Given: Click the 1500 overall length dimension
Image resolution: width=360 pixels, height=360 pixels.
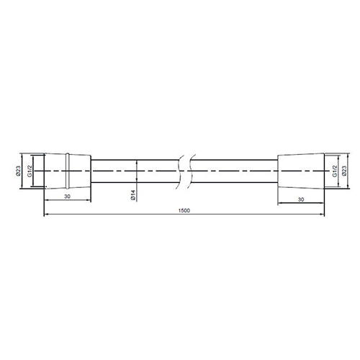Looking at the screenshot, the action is pos(184,210).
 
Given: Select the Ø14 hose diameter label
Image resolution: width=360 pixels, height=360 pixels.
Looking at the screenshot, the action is pos(133,195).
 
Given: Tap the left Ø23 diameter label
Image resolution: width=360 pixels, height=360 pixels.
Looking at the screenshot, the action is pos(18,171).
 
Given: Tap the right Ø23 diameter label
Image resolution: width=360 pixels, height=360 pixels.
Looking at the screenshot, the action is pos(344,171).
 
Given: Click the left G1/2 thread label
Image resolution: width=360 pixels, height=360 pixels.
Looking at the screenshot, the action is pos(30,171).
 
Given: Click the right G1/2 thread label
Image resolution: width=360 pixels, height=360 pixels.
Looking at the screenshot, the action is pos(335,171).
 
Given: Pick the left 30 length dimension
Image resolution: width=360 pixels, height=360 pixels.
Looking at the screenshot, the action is pos(68,197).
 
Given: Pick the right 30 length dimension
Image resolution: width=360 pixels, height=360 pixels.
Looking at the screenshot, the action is pos(301,199).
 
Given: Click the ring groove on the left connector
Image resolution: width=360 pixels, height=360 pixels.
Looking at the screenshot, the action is pos(68,171).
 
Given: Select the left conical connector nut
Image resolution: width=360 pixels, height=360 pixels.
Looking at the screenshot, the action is pos(68,171).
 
